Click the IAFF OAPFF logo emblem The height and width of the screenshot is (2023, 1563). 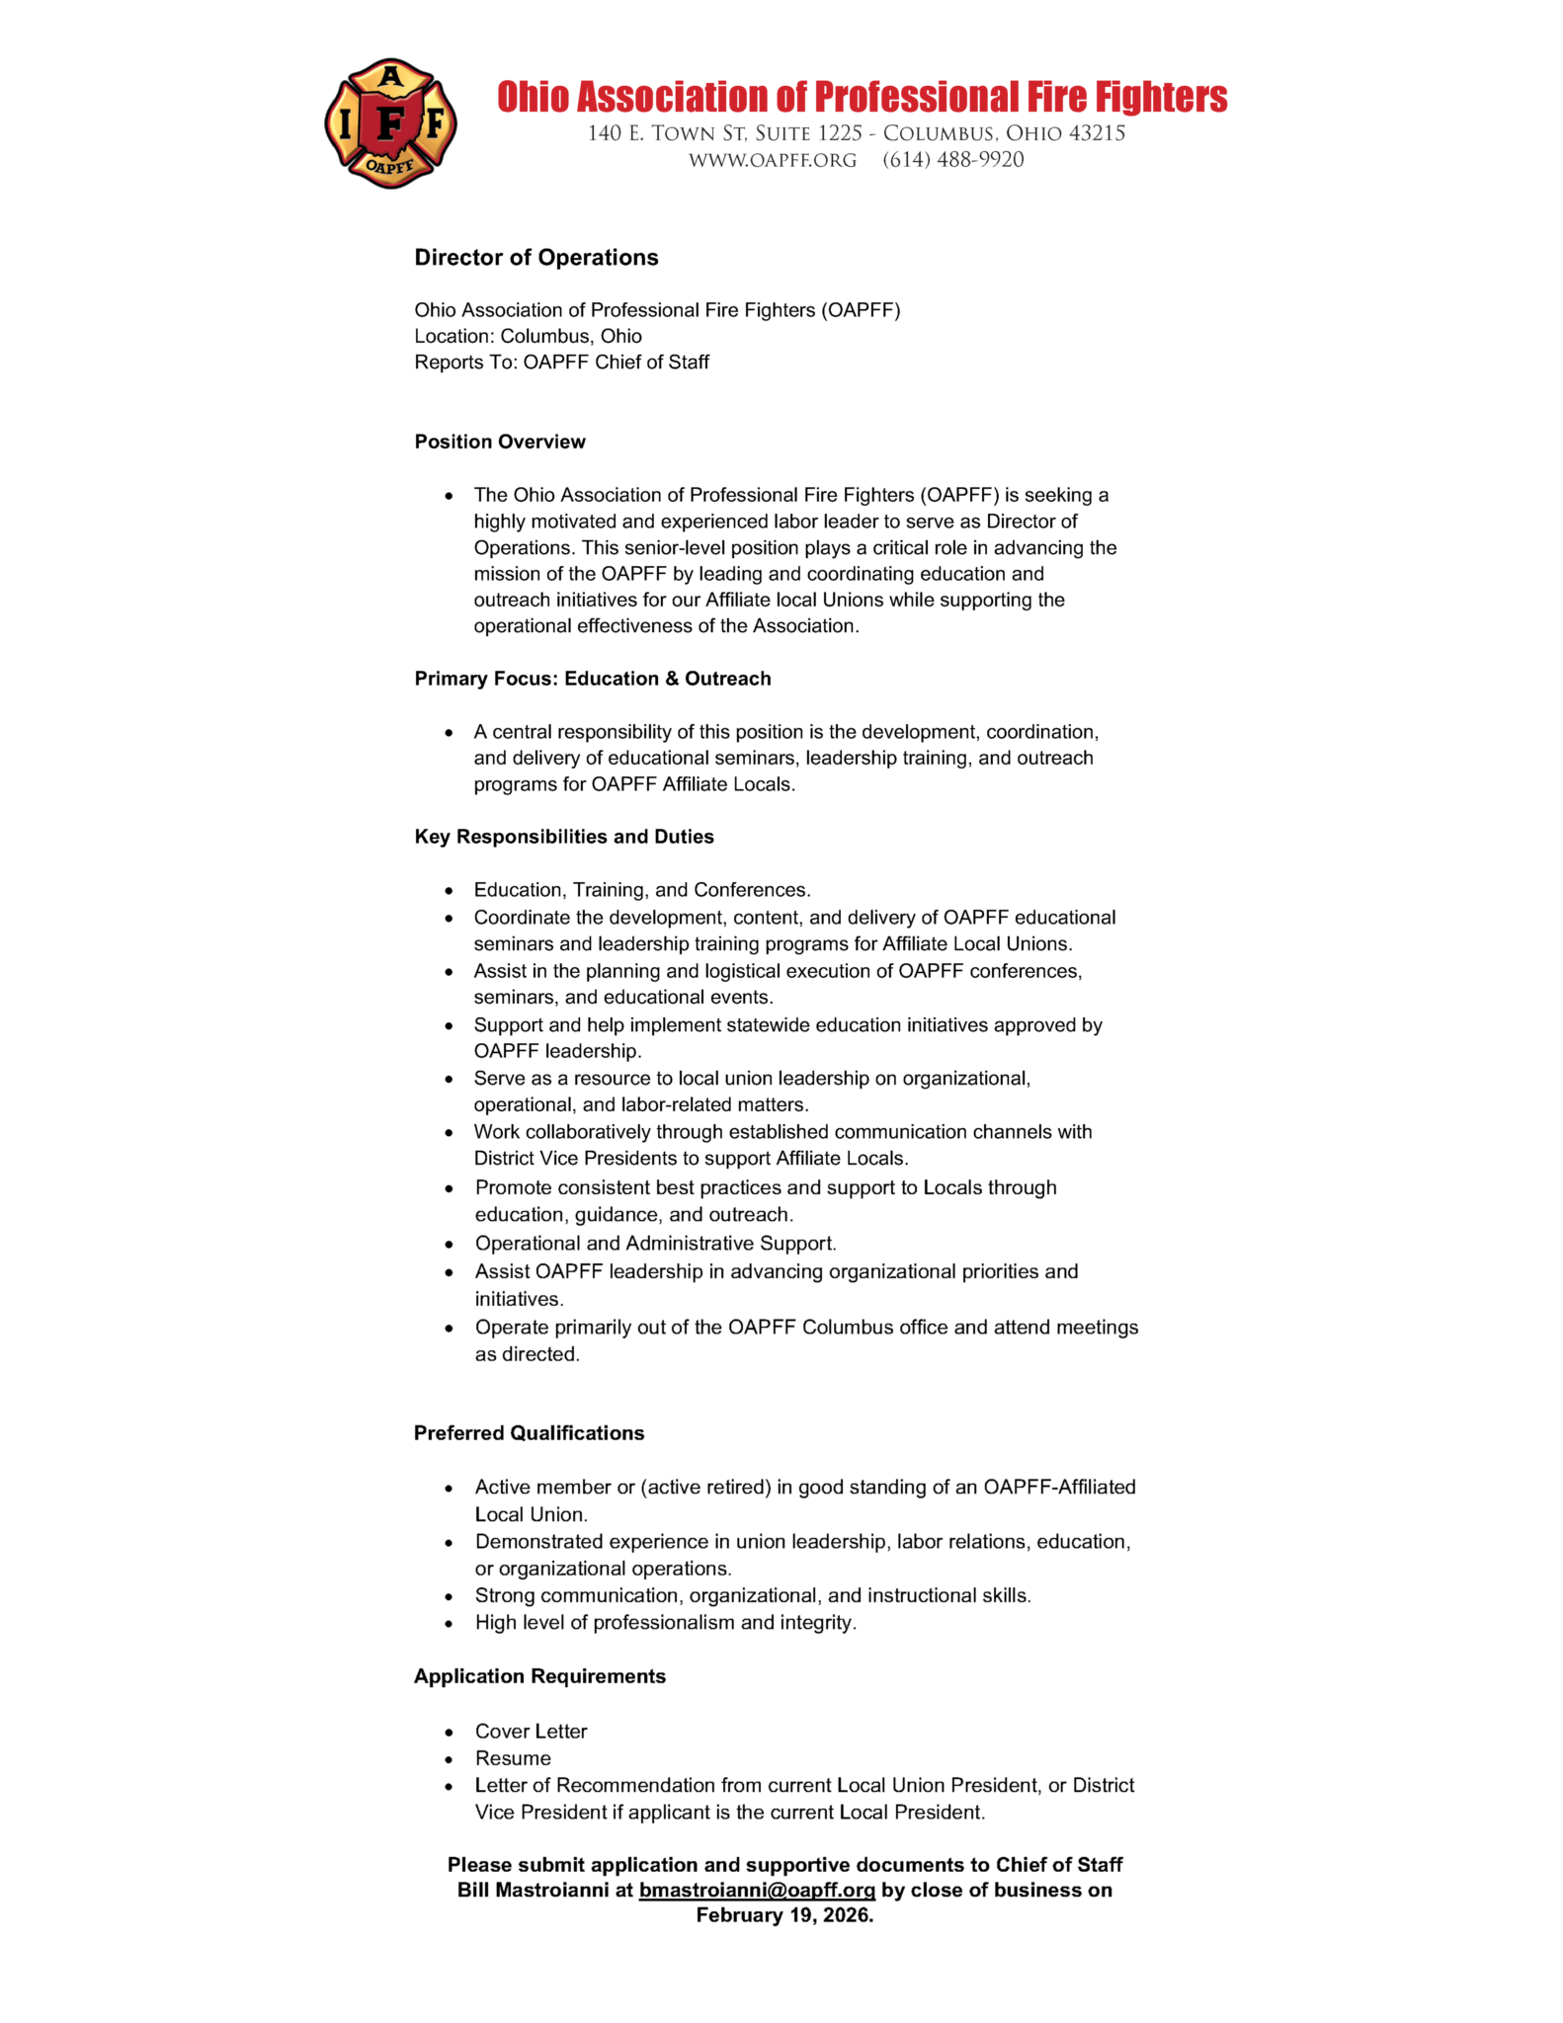click(390, 123)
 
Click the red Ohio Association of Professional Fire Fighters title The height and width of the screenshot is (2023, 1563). click(862, 97)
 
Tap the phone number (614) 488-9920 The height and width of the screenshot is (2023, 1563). click(952, 160)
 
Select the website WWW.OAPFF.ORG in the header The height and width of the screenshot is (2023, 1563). click(773, 160)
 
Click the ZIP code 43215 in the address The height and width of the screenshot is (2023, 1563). click(1097, 133)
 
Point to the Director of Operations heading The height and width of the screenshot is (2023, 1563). click(535, 258)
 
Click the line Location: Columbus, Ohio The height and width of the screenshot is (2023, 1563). click(528, 336)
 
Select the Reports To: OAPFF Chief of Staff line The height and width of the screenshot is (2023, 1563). click(561, 363)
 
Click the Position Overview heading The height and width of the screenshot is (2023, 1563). click(500, 442)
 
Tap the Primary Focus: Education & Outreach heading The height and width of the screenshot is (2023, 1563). click(592, 679)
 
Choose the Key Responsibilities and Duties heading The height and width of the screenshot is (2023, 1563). click(563, 837)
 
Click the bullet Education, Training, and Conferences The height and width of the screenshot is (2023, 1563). click(642, 890)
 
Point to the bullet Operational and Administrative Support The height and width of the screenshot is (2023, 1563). click(655, 1244)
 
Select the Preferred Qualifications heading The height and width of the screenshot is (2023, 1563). click(529, 1433)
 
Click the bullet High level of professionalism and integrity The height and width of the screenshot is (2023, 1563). click(665, 1622)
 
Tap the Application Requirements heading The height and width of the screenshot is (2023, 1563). click(539, 1676)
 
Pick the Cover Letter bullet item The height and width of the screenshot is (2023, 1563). click(531, 1732)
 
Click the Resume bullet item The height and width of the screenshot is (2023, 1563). click(513, 1758)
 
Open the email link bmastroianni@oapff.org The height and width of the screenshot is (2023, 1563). click(757, 1891)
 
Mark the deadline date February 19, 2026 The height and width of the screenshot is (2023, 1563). click(784, 1915)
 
